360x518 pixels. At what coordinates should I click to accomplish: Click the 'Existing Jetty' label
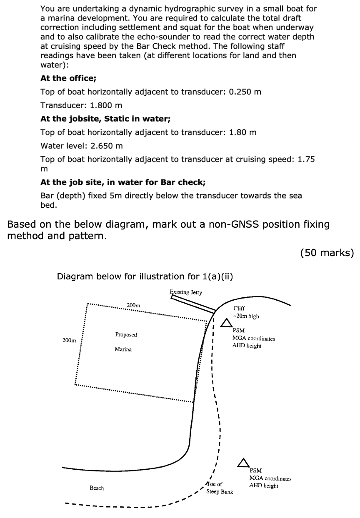tap(186, 292)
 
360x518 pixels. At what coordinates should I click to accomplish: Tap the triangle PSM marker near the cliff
tap(227, 323)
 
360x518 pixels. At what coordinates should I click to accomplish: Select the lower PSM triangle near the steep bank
tap(243, 463)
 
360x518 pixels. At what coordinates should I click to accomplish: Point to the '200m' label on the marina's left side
tap(69, 340)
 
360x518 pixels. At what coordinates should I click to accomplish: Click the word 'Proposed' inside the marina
tap(126, 335)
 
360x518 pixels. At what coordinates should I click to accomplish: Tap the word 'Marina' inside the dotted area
tap(123, 349)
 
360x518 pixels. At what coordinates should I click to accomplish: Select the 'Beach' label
tap(97, 488)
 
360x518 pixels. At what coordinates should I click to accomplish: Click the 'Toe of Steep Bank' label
tap(220, 488)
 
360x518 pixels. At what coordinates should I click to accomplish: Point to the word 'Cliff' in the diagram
tap(240, 309)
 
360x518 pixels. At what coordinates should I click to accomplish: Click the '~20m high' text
tap(246, 316)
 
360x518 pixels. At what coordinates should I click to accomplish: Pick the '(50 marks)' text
tap(327, 252)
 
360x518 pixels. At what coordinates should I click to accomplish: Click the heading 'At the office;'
tap(68, 78)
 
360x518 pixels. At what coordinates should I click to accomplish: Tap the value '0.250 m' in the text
tap(245, 92)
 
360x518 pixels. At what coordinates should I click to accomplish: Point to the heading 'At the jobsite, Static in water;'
tap(105, 119)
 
